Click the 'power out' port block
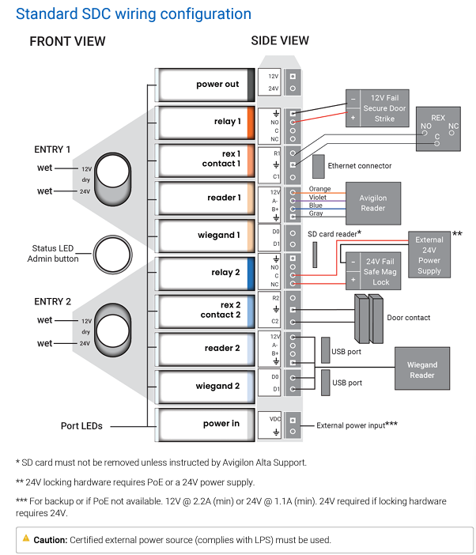coord(206,85)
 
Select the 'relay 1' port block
coord(206,123)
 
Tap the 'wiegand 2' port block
coord(206,387)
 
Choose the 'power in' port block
coord(206,425)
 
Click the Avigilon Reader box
coord(373,203)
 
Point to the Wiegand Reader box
coord(422,368)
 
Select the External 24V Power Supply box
coord(429,255)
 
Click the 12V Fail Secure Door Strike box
coord(377,108)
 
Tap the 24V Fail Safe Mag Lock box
coord(373,271)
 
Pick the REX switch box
coord(438,129)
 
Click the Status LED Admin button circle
coord(113,255)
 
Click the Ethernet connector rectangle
coord(319,166)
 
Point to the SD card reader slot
coord(315,255)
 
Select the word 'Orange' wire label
coord(320,189)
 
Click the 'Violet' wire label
coord(318,198)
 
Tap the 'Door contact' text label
coord(409,318)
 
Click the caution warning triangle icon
coord(26,538)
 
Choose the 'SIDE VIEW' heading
coord(280,41)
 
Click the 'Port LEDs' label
coord(81,426)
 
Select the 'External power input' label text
coord(351,425)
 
